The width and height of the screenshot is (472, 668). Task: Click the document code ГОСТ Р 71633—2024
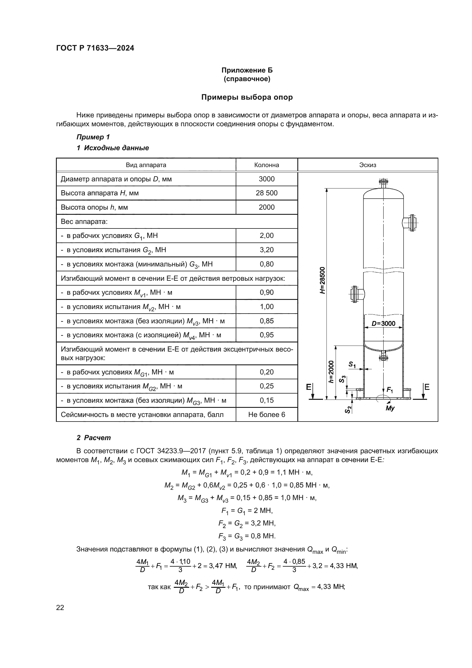point(95,48)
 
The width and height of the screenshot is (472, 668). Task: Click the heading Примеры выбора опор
point(247,97)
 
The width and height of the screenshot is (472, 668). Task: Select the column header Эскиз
point(367,165)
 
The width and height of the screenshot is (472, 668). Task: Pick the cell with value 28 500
point(266,193)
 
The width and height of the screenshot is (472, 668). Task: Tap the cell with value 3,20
point(266,250)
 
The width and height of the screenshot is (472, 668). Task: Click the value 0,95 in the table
point(266,335)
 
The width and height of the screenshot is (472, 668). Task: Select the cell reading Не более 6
point(266,415)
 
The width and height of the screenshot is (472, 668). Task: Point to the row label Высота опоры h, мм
point(94,207)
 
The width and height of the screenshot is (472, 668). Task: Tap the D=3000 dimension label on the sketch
point(383,324)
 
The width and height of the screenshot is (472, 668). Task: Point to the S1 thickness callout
point(352,364)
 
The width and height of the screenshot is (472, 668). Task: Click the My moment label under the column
point(390,408)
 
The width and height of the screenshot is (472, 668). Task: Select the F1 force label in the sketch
point(390,390)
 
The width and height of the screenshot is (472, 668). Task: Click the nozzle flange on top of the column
point(383,182)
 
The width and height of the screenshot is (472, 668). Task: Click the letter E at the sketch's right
point(427,387)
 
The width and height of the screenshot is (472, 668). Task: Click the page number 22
point(60,607)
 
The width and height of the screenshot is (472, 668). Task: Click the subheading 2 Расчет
point(94,438)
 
